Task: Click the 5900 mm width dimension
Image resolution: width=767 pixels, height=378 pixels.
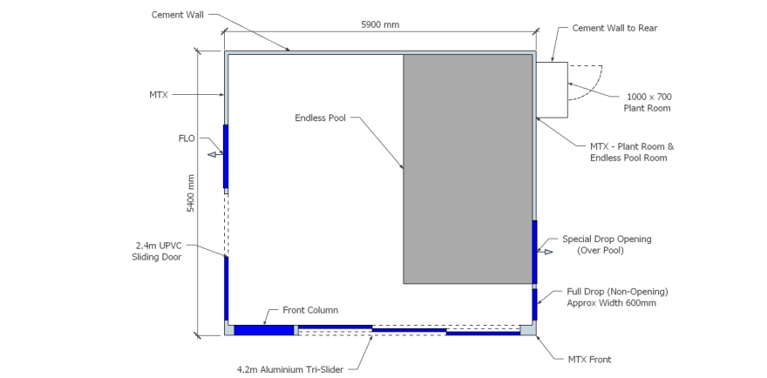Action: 380,24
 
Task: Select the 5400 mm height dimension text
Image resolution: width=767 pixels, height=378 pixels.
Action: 191,193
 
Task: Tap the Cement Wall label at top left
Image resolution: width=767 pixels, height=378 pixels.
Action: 178,15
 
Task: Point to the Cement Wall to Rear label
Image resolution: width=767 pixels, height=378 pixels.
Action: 614,29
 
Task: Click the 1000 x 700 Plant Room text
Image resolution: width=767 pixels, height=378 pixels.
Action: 647,103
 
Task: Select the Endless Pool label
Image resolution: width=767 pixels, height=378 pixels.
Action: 321,118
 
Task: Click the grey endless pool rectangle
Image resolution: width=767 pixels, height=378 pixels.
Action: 468,169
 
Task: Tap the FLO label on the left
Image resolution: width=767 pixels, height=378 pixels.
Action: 187,138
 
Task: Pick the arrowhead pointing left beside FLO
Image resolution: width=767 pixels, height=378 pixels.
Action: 212,155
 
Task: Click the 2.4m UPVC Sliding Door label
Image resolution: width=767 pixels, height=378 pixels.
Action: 157,252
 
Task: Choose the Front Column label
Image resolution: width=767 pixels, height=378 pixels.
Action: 310,310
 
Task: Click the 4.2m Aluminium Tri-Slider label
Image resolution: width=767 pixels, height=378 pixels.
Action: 290,369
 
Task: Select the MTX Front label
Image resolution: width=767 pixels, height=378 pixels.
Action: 589,360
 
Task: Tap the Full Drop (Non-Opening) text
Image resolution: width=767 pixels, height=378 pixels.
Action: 617,292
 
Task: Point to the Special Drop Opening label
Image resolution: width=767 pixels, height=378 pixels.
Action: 607,240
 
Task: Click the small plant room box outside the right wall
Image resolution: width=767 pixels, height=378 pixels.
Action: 552,90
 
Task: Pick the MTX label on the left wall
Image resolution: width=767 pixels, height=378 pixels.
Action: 159,95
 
